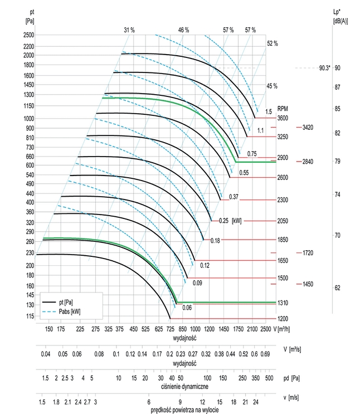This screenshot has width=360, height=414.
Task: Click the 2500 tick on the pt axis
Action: pyautogui.click(x=28, y=35)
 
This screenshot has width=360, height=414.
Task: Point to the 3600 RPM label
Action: pyautogui.click(x=283, y=118)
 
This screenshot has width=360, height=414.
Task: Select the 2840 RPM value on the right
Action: pyautogui.click(x=309, y=162)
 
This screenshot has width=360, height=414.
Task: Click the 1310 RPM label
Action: pyautogui.click(x=283, y=303)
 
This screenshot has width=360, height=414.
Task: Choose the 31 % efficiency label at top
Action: pyautogui.click(x=129, y=30)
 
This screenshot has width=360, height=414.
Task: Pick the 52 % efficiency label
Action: pyautogui.click(x=272, y=43)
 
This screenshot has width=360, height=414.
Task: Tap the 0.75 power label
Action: pyautogui.click(x=251, y=154)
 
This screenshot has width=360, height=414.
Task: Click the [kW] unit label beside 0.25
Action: pyautogui.click(x=236, y=221)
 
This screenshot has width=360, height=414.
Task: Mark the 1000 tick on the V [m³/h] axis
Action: pyautogui.click(x=195, y=329)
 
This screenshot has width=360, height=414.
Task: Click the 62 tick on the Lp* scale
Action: pyautogui.click(x=337, y=288)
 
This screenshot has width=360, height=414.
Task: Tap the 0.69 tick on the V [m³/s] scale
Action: pyautogui.click(x=265, y=354)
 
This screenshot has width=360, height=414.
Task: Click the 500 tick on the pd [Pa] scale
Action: pyautogui.click(x=269, y=378)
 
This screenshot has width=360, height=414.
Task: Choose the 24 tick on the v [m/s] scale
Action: pyautogui.click(x=255, y=401)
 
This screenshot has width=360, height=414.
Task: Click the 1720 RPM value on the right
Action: pyautogui.click(x=309, y=253)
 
